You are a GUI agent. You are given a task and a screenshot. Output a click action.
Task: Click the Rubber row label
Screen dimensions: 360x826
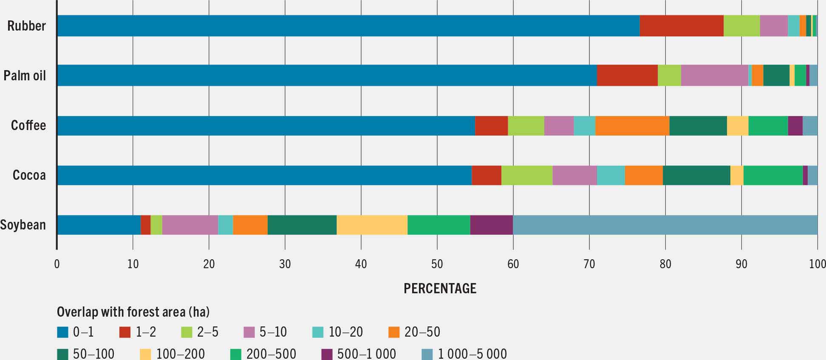click(26, 26)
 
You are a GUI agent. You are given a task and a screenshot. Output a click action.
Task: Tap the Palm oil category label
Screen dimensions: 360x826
click(25, 76)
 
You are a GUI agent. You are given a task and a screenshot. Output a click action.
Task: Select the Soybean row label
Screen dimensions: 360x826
click(23, 224)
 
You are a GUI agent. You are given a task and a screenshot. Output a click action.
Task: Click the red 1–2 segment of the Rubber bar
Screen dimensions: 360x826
click(681, 26)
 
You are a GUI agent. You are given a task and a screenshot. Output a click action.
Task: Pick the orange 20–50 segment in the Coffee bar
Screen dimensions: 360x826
click(632, 125)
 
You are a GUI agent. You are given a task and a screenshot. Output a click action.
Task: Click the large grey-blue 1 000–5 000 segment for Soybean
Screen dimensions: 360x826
click(665, 224)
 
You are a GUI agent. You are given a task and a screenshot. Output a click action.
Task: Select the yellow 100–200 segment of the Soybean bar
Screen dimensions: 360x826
click(372, 224)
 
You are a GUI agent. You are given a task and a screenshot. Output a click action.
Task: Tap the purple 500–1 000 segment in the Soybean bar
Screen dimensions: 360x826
click(491, 224)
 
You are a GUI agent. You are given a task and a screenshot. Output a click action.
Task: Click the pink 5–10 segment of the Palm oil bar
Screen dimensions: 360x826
click(714, 76)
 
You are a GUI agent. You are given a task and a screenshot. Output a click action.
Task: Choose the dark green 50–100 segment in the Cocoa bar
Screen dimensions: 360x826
click(696, 175)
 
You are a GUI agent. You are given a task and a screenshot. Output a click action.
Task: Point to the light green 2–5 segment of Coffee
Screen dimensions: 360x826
click(526, 125)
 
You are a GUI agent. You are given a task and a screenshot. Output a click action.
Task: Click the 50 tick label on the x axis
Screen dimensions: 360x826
click(437, 264)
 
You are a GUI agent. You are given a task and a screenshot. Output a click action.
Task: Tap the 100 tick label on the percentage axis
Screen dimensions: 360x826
click(817, 264)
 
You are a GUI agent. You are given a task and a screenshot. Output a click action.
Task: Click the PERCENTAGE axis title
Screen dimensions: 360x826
click(440, 289)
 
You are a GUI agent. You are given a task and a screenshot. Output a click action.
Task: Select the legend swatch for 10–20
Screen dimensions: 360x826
click(318, 332)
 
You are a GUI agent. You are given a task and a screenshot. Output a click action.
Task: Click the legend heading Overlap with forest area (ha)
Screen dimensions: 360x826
click(133, 312)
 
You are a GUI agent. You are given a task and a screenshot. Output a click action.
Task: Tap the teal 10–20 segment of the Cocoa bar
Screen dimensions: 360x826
click(611, 175)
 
